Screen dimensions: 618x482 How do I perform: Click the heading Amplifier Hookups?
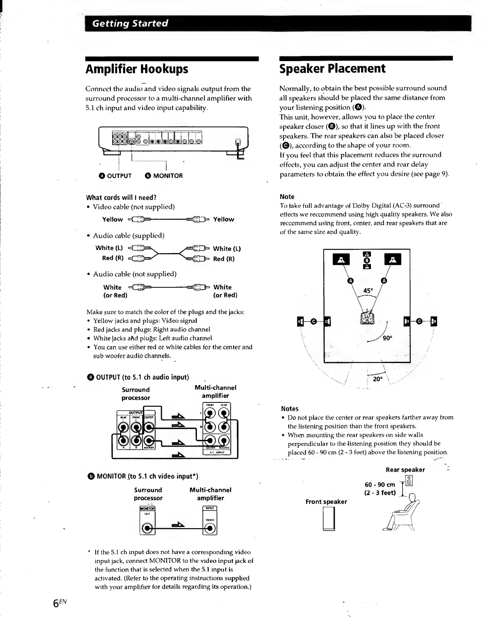click(x=137, y=69)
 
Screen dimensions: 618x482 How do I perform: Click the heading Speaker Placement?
click(x=332, y=69)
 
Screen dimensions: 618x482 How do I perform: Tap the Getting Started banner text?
click(x=130, y=23)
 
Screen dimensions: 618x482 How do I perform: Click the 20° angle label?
click(x=377, y=379)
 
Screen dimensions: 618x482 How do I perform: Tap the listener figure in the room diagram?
click(x=367, y=316)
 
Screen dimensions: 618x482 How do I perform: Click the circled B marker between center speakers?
click(x=367, y=261)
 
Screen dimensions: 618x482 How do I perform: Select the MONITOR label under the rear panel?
click(x=163, y=176)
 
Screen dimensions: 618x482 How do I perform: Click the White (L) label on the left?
click(x=109, y=248)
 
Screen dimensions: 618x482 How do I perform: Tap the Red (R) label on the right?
click(x=224, y=259)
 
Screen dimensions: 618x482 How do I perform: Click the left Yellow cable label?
click(x=112, y=219)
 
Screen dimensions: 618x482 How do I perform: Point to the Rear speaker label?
click(x=405, y=470)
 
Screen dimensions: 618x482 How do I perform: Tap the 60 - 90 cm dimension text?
click(x=380, y=485)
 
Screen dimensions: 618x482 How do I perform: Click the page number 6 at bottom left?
click(x=58, y=603)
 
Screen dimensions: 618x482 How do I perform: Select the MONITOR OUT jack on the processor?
click(x=147, y=528)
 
